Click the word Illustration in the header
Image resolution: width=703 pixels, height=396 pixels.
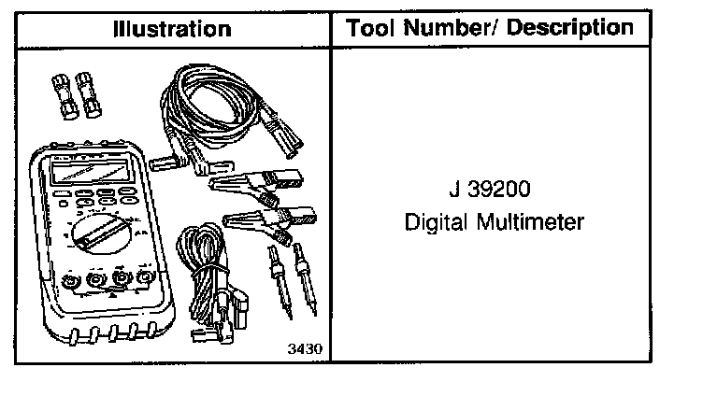173,30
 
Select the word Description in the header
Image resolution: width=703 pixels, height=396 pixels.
570,29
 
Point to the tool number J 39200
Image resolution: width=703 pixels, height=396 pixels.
490,189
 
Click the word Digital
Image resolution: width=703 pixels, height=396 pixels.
436,222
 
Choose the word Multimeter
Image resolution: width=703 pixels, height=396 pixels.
530,221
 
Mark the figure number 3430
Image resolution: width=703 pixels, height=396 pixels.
305,348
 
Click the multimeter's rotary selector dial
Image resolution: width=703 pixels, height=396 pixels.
101,233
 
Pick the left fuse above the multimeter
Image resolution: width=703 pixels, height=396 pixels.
65,97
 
